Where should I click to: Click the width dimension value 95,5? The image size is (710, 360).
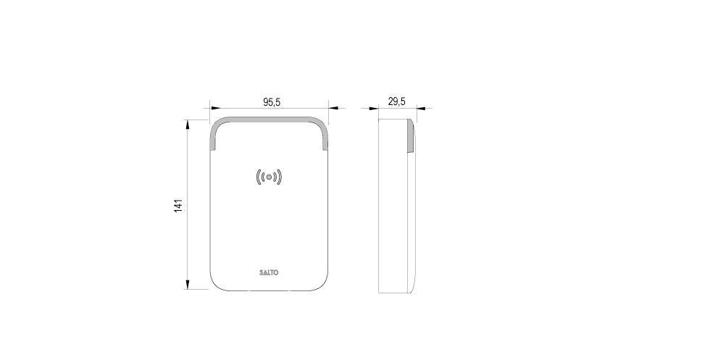272,102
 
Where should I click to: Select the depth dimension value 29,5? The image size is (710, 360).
396,101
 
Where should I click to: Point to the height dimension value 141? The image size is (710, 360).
178,205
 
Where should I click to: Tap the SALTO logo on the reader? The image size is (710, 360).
269,273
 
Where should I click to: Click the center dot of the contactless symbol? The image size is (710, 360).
269,177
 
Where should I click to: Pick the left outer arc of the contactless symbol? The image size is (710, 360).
258,177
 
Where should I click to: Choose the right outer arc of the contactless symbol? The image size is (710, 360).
280,177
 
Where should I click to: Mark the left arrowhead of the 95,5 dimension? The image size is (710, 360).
215,108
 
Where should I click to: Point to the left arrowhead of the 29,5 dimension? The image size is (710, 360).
374,109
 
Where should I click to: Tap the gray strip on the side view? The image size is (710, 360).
410,137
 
